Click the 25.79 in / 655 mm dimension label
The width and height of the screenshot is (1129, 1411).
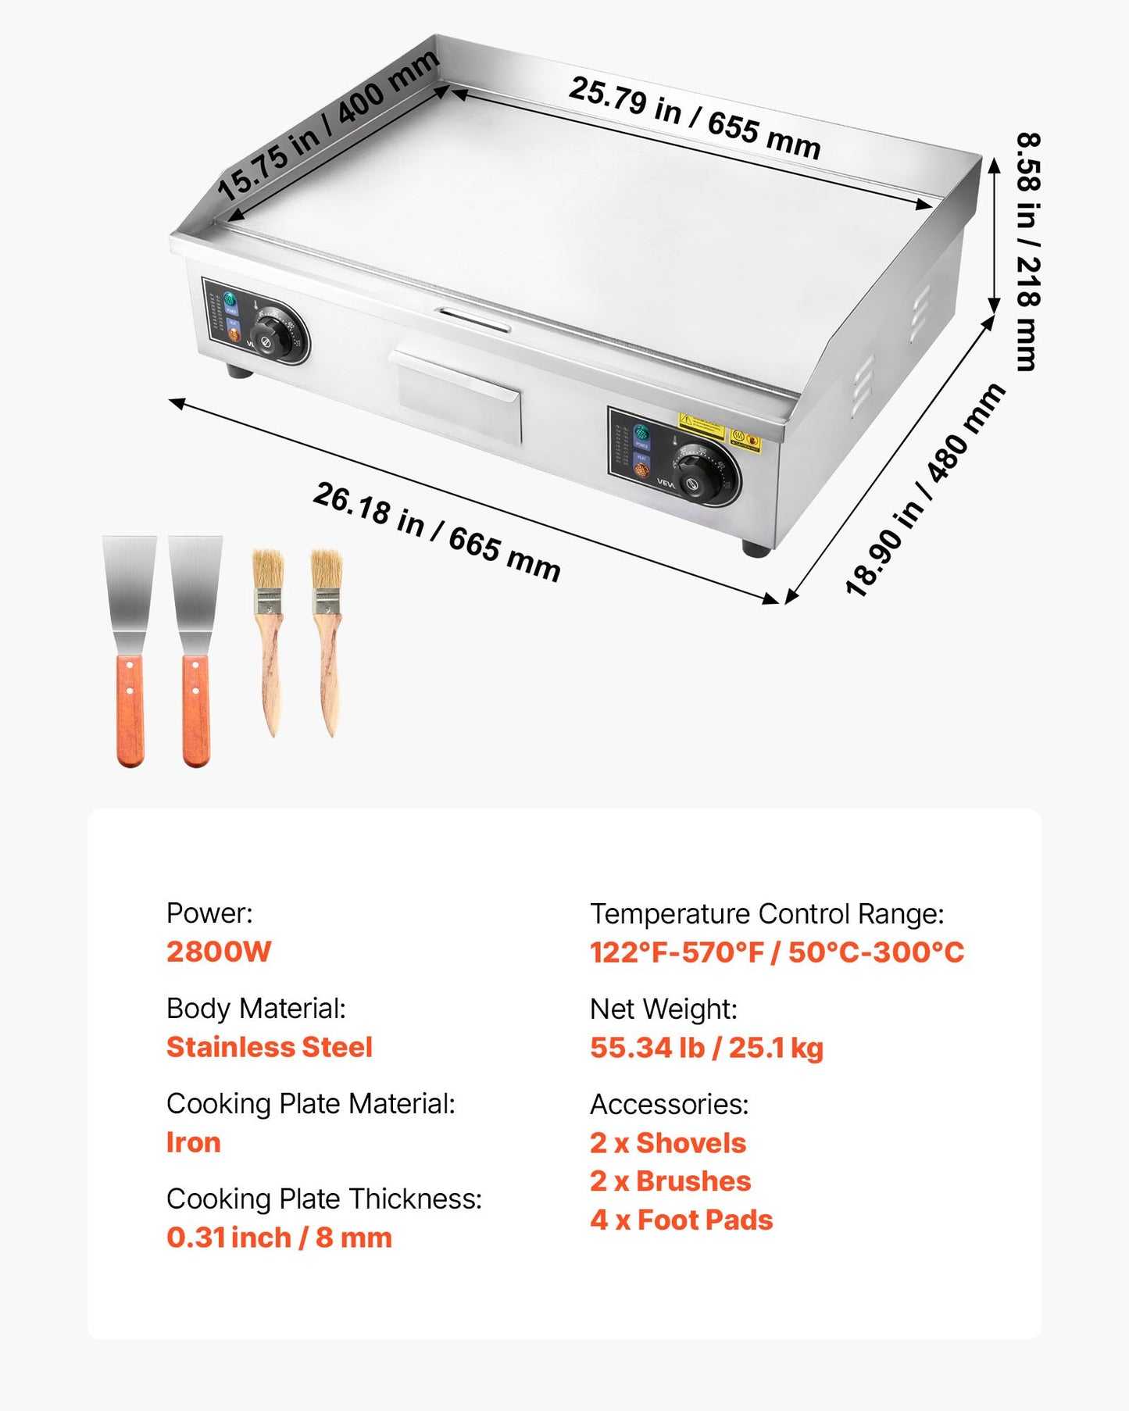694,117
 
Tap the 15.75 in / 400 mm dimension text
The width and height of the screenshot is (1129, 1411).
328,125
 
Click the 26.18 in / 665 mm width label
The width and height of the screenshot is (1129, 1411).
437,532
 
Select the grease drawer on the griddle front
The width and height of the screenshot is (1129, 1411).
458,395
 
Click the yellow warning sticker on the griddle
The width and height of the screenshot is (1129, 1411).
701,425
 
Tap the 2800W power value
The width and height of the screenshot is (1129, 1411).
219,952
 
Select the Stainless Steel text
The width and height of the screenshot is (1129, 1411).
270,1047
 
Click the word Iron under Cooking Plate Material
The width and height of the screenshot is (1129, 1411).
193,1142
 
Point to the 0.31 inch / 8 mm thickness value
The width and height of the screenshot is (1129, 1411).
279,1238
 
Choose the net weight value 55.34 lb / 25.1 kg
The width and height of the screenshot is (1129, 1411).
706,1048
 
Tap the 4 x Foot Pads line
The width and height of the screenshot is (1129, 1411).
681,1220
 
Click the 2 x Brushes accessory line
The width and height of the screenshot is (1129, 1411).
670,1181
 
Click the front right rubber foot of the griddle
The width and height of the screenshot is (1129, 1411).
756,549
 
